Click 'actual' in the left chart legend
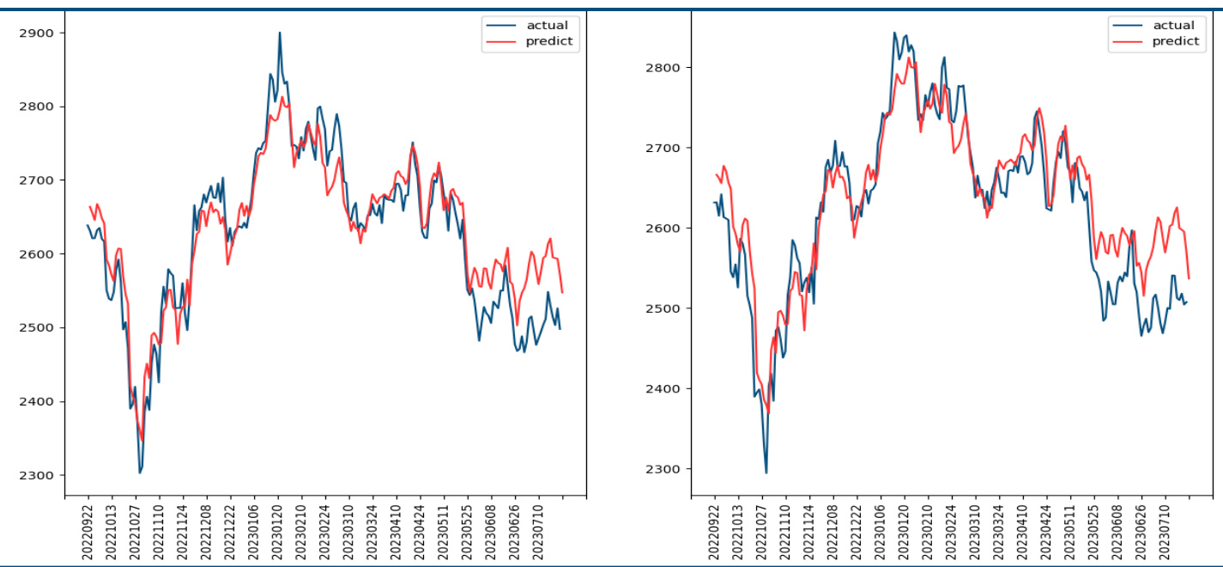pyautogui.click(x=547, y=25)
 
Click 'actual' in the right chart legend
pyautogui.click(x=1173, y=25)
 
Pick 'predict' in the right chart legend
pyautogui.click(x=1175, y=41)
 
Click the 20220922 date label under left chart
pyautogui.click(x=88, y=533)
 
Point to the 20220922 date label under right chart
pyautogui.click(x=715, y=533)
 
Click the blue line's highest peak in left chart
pyautogui.click(x=280, y=33)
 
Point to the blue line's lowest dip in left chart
pyautogui.click(x=140, y=472)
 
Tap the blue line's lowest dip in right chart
pyautogui.click(x=766, y=472)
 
